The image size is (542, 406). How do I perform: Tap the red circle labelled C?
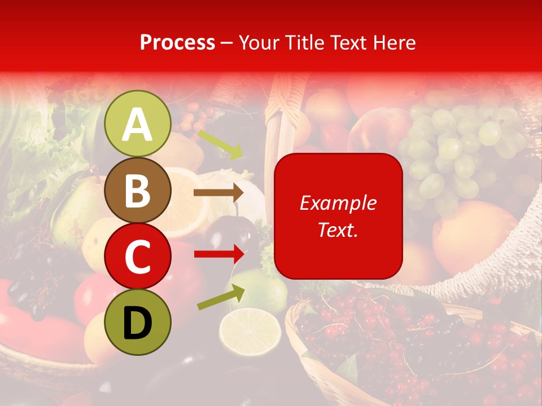(138, 256)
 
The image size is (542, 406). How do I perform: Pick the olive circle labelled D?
(138, 322)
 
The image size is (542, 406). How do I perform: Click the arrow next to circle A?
(220, 144)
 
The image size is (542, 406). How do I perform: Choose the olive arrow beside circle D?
(221, 297)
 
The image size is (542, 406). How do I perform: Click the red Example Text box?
(338, 216)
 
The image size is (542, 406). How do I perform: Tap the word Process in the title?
(177, 42)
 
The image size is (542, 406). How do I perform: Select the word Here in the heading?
(395, 42)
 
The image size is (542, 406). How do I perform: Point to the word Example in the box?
(338, 203)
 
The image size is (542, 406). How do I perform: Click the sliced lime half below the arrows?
(250, 329)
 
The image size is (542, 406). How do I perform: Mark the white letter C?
(138, 257)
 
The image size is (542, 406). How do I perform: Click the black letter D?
(138, 323)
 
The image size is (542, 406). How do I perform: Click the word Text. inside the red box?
(338, 230)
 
